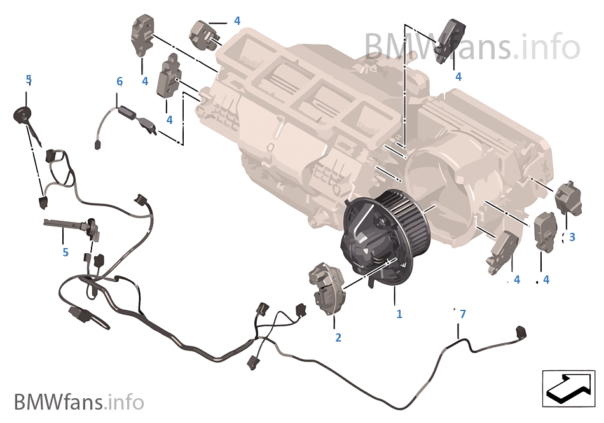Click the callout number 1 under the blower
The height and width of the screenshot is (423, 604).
(399, 314)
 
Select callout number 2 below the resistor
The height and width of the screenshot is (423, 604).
(338, 338)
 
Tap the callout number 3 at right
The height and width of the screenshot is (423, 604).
(572, 237)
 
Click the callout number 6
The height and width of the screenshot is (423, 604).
(120, 81)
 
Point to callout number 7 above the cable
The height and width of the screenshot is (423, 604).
(462, 314)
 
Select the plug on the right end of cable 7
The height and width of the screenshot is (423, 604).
(523, 333)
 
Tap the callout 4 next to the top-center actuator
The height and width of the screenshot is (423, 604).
(237, 21)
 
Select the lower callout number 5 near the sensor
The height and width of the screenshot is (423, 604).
(65, 253)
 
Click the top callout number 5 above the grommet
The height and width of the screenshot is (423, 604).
(29, 80)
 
